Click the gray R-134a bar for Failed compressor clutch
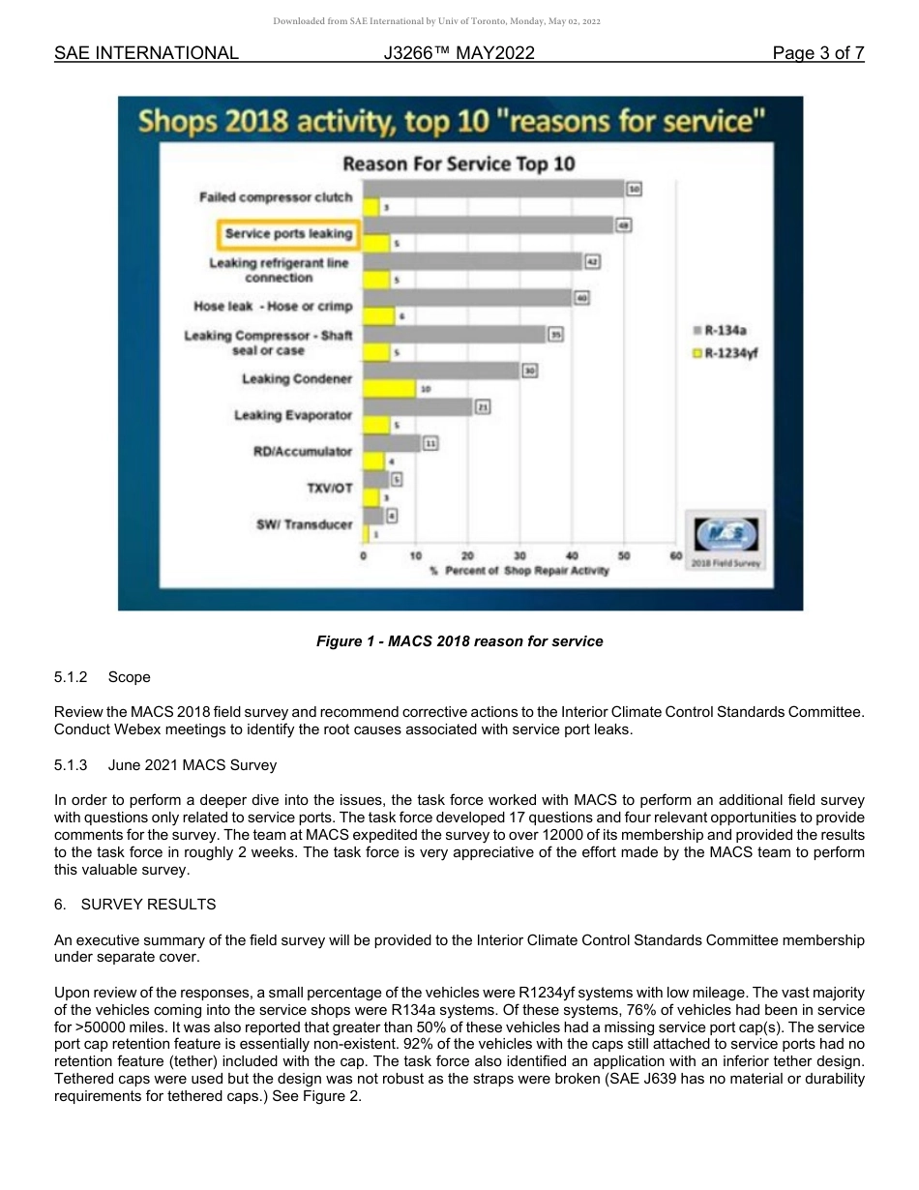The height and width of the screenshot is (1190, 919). coord(493,189)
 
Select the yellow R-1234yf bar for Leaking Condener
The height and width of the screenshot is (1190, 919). coord(389,388)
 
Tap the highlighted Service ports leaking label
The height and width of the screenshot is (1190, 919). coord(287,234)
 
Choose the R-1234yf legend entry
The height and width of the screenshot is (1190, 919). coord(730,352)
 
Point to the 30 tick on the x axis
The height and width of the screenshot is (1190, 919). coord(519,555)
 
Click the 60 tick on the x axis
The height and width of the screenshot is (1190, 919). coord(675,555)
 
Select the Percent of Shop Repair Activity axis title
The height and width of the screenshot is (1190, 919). coord(519,571)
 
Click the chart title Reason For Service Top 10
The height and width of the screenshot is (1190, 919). coord(459,164)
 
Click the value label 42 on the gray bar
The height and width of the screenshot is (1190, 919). coord(593,261)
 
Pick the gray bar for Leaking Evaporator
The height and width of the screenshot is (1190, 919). coord(418,407)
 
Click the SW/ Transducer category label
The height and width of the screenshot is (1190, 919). coord(304,524)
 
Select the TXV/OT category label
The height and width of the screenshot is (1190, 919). coord(329,488)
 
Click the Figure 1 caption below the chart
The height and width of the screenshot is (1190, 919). coord(459,641)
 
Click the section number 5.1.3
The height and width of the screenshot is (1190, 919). coord(72,765)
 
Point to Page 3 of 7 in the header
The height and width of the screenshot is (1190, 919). coord(817,54)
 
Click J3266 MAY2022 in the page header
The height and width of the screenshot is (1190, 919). coord(459,54)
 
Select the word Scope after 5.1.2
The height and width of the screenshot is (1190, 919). coord(129,677)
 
